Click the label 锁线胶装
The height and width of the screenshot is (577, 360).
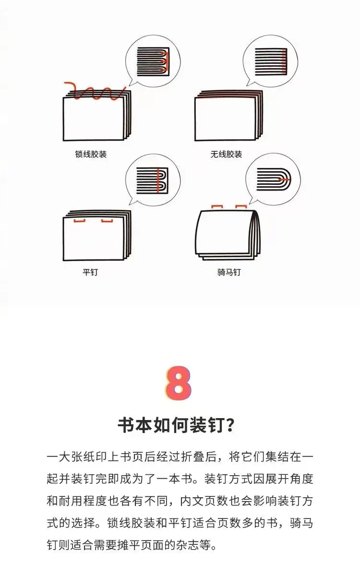pyautogui.click(x=91, y=154)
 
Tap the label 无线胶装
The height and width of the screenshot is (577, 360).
pyautogui.click(x=226, y=154)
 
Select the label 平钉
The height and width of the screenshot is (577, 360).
pyautogui.click(x=90, y=272)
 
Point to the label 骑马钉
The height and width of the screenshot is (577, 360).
pyautogui.click(x=229, y=272)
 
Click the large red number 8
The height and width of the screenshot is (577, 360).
pyautogui.click(x=178, y=383)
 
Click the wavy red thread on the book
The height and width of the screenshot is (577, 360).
pyautogui.click(x=95, y=91)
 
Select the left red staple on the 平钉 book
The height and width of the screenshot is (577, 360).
pyautogui.click(x=79, y=220)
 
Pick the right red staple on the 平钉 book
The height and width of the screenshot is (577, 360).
pyautogui.click(x=107, y=220)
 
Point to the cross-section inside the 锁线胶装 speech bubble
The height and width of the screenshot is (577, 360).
pyautogui.click(x=153, y=61)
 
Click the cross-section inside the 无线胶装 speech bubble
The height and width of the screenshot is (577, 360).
pyautogui.click(x=270, y=61)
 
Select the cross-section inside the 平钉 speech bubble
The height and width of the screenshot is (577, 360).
pyautogui.click(x=152, y=180)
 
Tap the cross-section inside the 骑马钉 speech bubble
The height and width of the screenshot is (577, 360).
pyautogui.click(x=274, y=179)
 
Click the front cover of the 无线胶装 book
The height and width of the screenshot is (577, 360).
pyautogui.click(x=225, y=119)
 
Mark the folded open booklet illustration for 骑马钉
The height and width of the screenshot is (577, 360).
pyautogui.click(x=228, y=235)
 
